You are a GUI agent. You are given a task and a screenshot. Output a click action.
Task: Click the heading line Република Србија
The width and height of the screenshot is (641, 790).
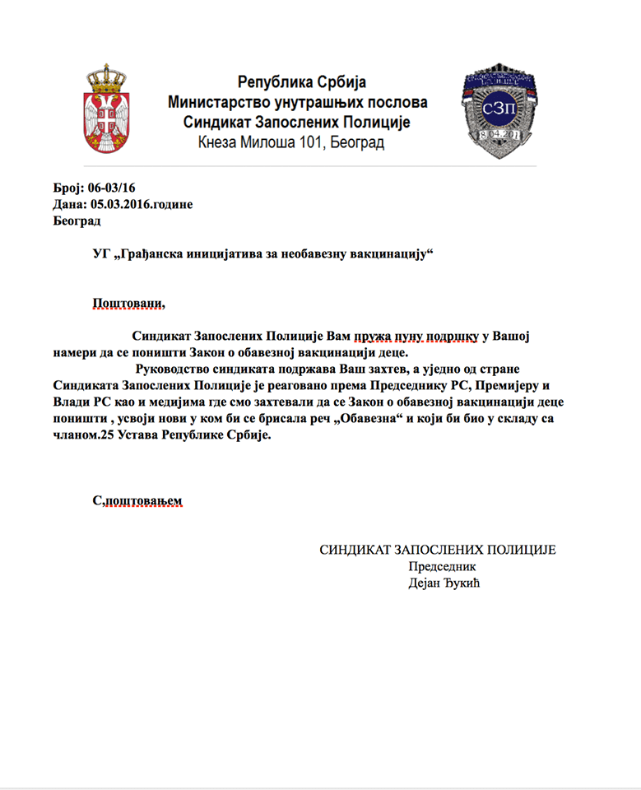tap(301, 82)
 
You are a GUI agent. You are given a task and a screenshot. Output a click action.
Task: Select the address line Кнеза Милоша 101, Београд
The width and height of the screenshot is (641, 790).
tap(290, 142)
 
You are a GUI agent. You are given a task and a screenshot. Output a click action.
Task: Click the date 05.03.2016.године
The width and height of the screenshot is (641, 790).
tap(141, 205)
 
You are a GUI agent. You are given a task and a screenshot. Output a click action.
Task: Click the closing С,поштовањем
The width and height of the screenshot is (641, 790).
tap(137, 500)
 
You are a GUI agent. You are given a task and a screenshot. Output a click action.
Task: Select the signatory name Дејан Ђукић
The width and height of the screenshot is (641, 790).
tap(443, 583)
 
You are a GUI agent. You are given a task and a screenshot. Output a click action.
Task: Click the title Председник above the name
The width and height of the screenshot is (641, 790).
tap(442, 566)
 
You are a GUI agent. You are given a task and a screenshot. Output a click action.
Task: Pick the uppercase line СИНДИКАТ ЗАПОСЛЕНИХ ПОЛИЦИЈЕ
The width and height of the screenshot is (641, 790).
tap(437, 550)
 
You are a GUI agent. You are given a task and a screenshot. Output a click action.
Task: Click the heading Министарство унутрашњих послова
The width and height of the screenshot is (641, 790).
tap(298, 103)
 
